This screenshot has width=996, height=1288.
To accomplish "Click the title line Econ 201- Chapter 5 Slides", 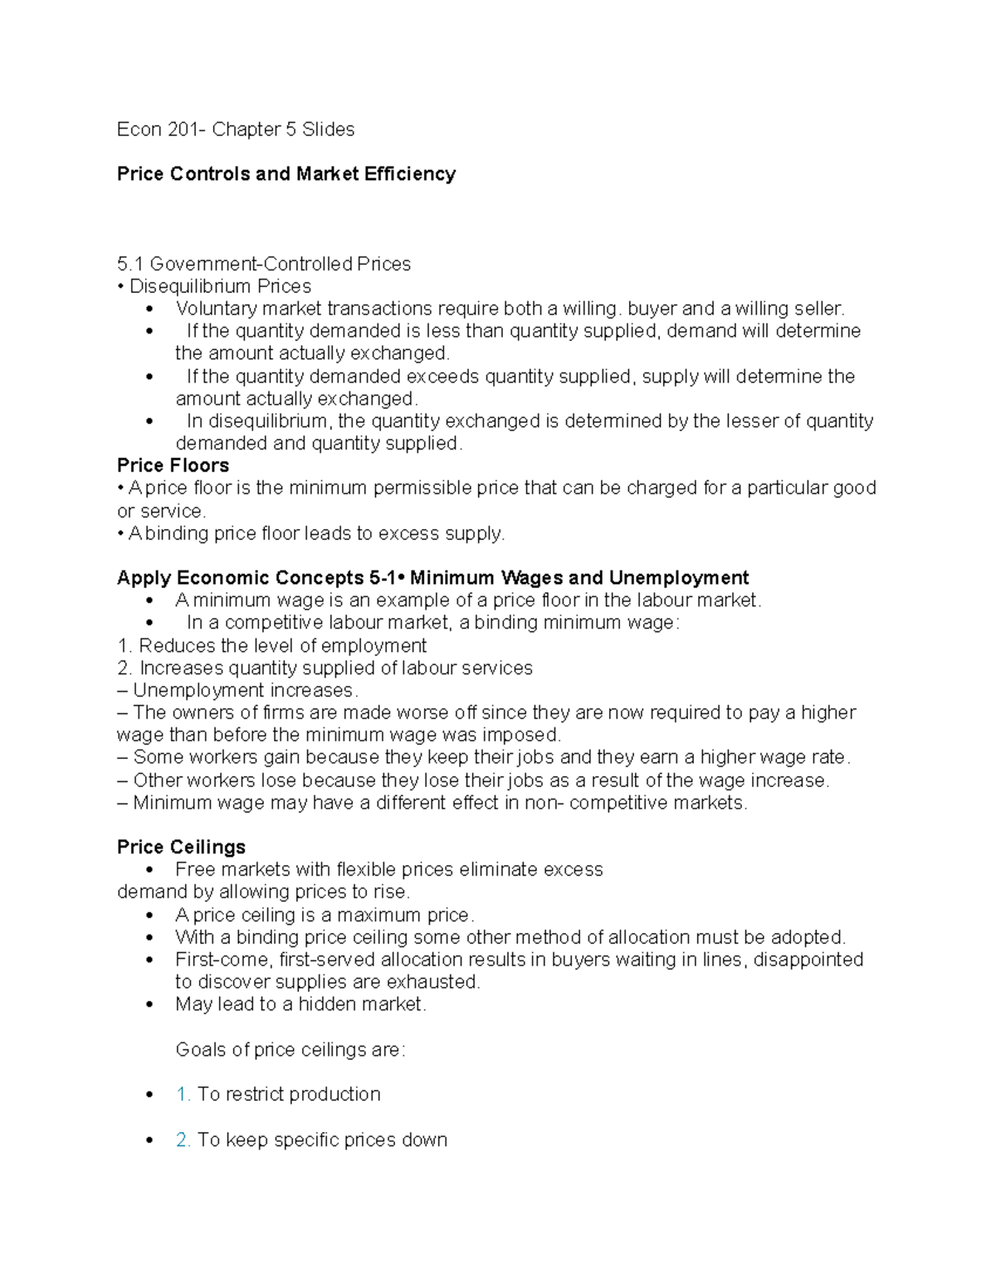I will [x=235, y=129].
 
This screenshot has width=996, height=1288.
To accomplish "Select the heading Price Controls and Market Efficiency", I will [x=286, y=174].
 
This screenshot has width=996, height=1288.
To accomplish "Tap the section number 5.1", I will [x=129, y=265].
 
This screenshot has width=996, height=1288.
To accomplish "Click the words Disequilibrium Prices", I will [x=220, y=287].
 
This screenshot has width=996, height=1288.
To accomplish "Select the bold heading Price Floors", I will [x=173, y=466].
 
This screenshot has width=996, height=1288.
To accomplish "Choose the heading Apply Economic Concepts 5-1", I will [x=257, y=578].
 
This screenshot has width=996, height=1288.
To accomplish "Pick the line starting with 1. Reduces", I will [x=271, y=646].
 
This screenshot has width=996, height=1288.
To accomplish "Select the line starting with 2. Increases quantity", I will [x=325, y=668].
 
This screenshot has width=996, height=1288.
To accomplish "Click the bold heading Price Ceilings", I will [x=181, y=848].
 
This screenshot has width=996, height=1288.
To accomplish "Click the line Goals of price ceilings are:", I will [x=290, y=1050].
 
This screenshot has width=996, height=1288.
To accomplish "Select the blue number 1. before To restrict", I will [x=183, y=1095].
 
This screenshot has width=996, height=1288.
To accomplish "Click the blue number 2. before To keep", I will [x=183, y=1140].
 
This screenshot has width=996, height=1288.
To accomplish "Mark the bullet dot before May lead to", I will [x=149, y=1005].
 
